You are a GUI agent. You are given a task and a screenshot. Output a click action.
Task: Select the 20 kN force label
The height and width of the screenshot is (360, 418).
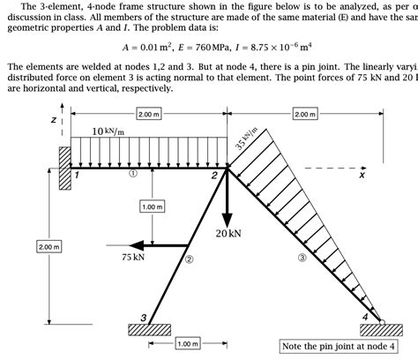click(228, 233)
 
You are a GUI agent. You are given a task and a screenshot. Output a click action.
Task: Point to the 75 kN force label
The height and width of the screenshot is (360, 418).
click(133, 258)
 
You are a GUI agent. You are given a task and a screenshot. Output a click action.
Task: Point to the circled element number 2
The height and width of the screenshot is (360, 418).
click(188, 261)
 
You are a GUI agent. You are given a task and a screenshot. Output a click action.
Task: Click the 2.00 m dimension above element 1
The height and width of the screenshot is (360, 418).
click(149, 114)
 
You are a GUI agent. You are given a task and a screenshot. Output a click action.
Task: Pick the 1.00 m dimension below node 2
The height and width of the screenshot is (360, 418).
click(153, 206)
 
